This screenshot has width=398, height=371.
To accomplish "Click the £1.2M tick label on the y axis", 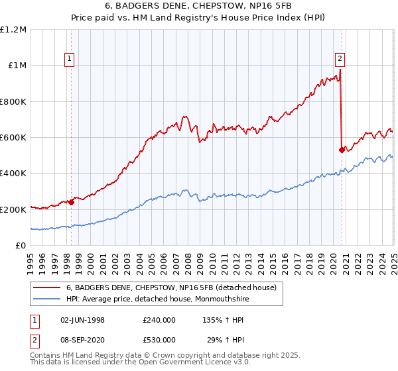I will point(13,29).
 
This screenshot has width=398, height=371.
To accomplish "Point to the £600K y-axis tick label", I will point(13,137).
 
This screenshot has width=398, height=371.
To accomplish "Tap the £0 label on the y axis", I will point(21,245).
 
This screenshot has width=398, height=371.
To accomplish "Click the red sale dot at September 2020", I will point(342,150).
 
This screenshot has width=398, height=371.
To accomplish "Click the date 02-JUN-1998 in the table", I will point(82,320).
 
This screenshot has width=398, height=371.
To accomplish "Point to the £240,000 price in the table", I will point(159,320).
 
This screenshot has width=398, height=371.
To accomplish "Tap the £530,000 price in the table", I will point(159,340).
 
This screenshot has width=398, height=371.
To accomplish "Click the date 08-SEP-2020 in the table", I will point(82,340).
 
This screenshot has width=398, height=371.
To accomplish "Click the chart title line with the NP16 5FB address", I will point(198,6).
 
